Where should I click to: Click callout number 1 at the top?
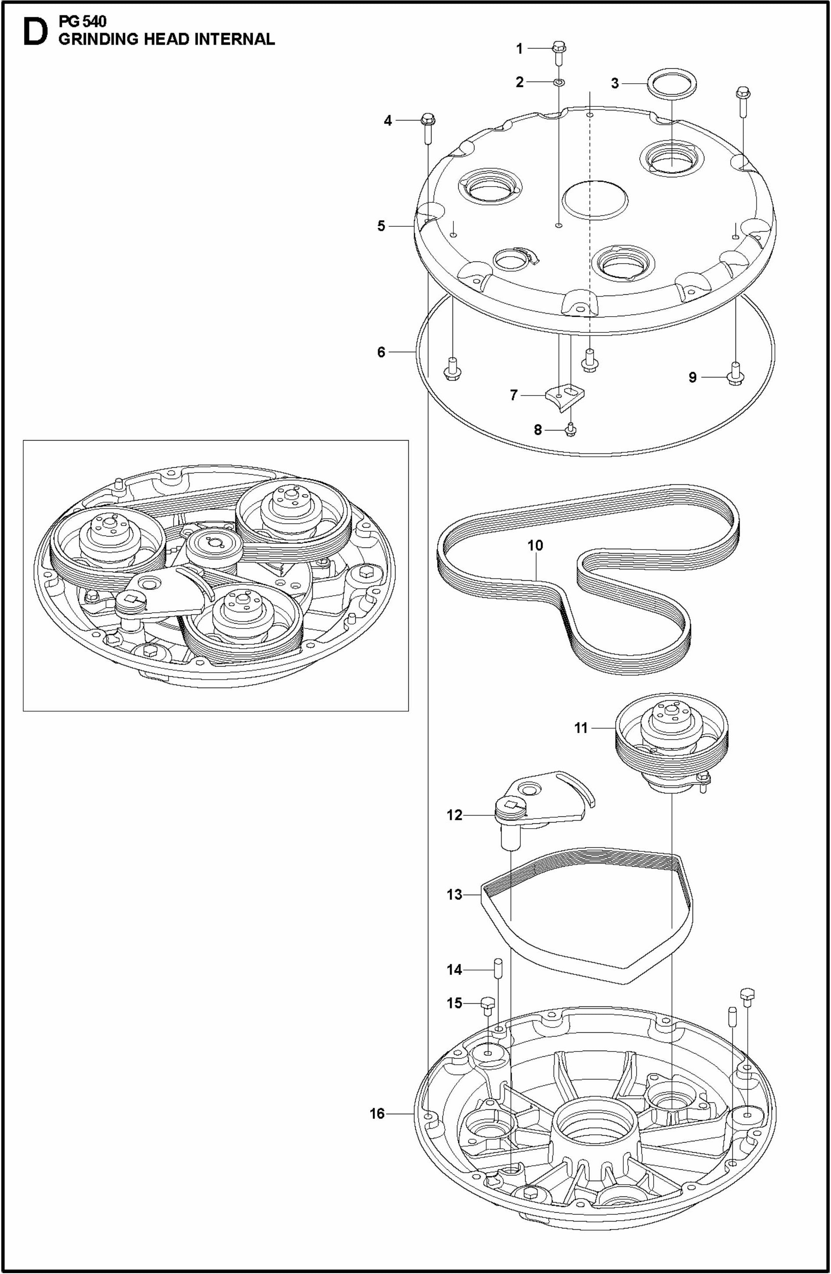coord(519,49)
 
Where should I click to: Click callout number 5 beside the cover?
coord(381,226)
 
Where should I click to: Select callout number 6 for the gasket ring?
coord(381,352)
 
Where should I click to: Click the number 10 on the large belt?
coord(535,545)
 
